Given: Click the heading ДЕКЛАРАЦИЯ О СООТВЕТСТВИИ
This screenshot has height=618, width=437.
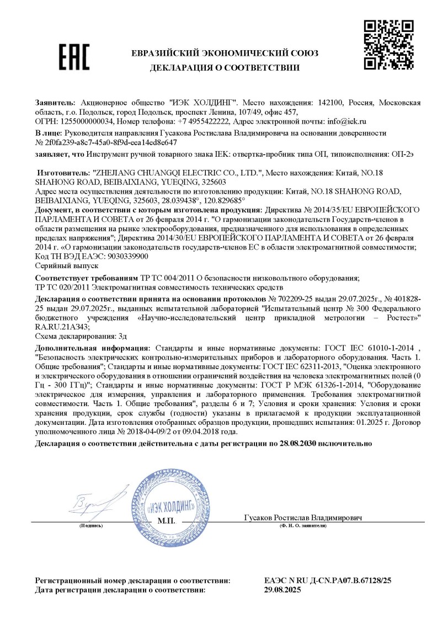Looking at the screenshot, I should (224, 68).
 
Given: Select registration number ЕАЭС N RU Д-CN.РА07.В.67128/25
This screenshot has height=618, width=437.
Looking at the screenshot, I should (328, 581).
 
